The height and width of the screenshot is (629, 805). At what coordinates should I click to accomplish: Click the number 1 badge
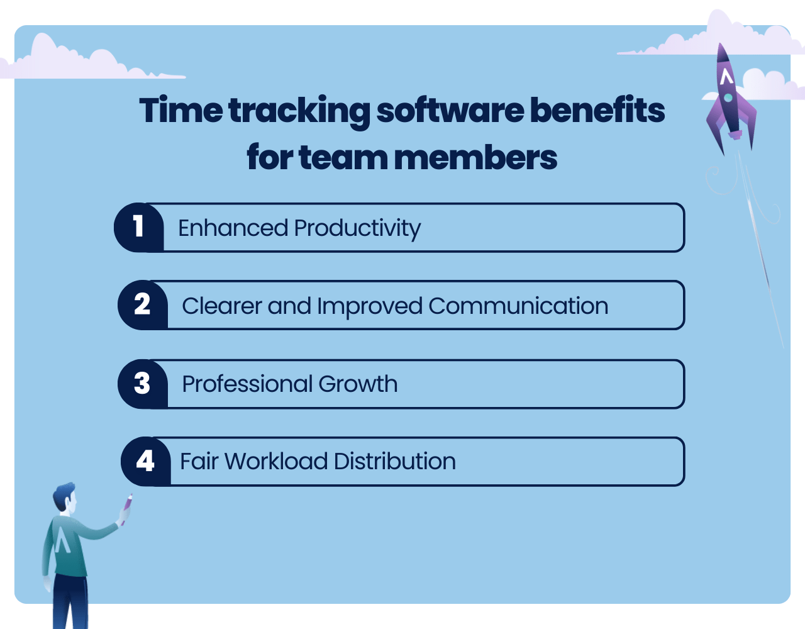coord(139,227)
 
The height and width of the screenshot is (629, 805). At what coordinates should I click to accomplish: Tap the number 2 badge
coord(143,305)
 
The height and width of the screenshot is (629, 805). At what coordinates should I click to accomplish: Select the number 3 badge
coord(143,384)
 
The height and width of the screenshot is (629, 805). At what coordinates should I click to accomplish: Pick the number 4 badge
coord(145,461)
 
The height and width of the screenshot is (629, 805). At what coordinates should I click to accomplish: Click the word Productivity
coord(357,228)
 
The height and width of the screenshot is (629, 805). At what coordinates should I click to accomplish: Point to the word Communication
coord(518,306)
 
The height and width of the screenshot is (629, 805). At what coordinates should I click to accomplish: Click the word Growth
coord(358,384)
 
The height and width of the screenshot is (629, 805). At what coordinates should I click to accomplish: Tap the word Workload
coord(276,461)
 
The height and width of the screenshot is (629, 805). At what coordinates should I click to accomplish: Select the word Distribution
coord(395,461)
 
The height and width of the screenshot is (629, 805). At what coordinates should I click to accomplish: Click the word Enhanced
coord(233,228)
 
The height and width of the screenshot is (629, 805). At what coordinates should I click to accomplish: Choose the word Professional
coord(247,384)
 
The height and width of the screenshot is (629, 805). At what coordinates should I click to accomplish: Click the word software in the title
coord(450,110)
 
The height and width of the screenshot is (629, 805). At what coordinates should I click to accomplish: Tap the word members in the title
coord(475,158)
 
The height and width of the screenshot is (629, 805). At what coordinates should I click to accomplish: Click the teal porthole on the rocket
coord(728,97)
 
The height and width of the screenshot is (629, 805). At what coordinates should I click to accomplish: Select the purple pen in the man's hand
coord(126,509)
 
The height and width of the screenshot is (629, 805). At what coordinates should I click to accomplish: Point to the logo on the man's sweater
coord(62,540)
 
